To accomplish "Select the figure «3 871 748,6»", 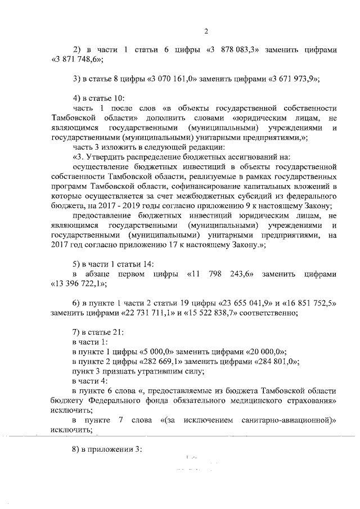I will point(76,60).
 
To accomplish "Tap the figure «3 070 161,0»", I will point(171,79).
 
